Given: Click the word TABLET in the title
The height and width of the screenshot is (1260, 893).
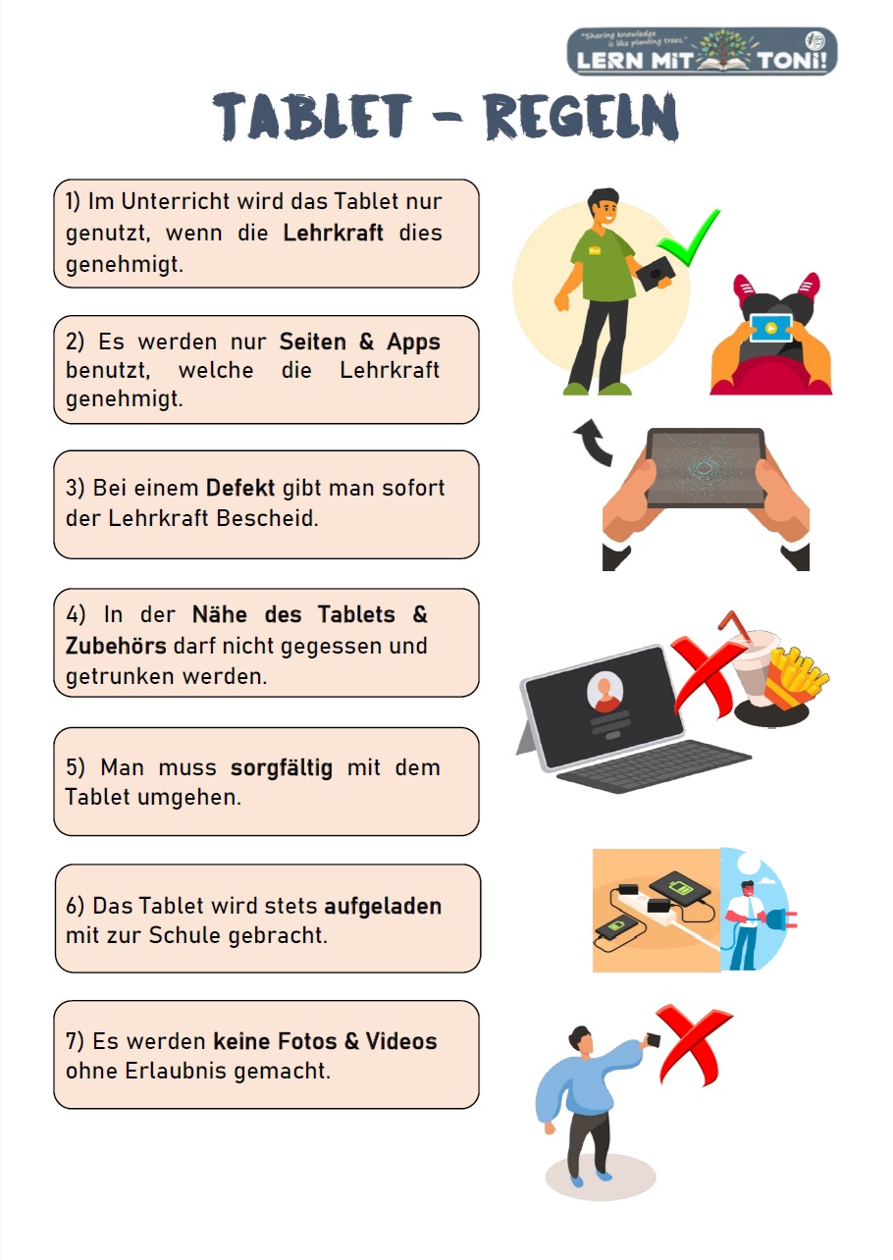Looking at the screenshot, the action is [x=313, y=117].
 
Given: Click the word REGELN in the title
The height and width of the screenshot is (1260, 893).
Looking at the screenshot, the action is [x=581, y=117].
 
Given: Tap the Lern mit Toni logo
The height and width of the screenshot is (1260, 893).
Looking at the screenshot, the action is [x=702, y=51].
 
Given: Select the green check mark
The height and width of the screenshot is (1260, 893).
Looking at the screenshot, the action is [x=688, y=237].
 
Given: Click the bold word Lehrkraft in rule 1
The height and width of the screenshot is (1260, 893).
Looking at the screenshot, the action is [x=333, y=233].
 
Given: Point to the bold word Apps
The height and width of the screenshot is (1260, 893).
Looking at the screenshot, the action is [x=413, y=342].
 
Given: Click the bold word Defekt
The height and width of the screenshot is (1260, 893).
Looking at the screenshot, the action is [x=240, y=488].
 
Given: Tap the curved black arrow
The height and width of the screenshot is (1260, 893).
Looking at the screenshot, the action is [x=595, y=445].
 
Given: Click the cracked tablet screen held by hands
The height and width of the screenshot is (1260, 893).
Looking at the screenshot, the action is [x=706, y=467].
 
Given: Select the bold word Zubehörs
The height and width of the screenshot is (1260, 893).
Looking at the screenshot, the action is [x=116, y=646].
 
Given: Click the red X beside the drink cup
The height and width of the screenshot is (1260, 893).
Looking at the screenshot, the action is [x=706, y=676].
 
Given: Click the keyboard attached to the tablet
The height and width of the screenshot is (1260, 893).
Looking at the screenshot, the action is [x=654, y=766].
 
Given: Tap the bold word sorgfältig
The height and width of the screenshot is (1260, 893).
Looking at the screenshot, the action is [x=282, y=767].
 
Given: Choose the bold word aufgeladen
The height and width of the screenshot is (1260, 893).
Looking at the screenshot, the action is [x=383, y=906].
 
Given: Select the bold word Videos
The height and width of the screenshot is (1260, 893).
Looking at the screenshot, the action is [x=401, y=1041].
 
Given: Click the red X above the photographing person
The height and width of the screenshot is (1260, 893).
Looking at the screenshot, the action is [x=694, y=1045].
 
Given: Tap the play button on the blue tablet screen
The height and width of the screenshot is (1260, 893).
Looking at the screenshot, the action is [x=771, y=328].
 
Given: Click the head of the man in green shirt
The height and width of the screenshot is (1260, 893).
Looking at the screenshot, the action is [x=604, y=207].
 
